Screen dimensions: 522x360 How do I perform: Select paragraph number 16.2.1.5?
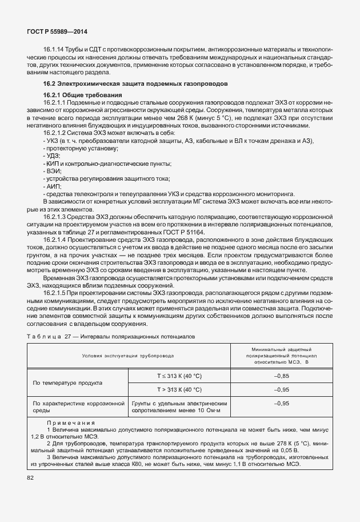coord(58,293)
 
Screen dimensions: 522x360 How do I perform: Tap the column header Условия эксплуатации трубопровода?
coord(128,356)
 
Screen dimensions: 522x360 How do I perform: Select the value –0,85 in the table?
coord(282,376)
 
